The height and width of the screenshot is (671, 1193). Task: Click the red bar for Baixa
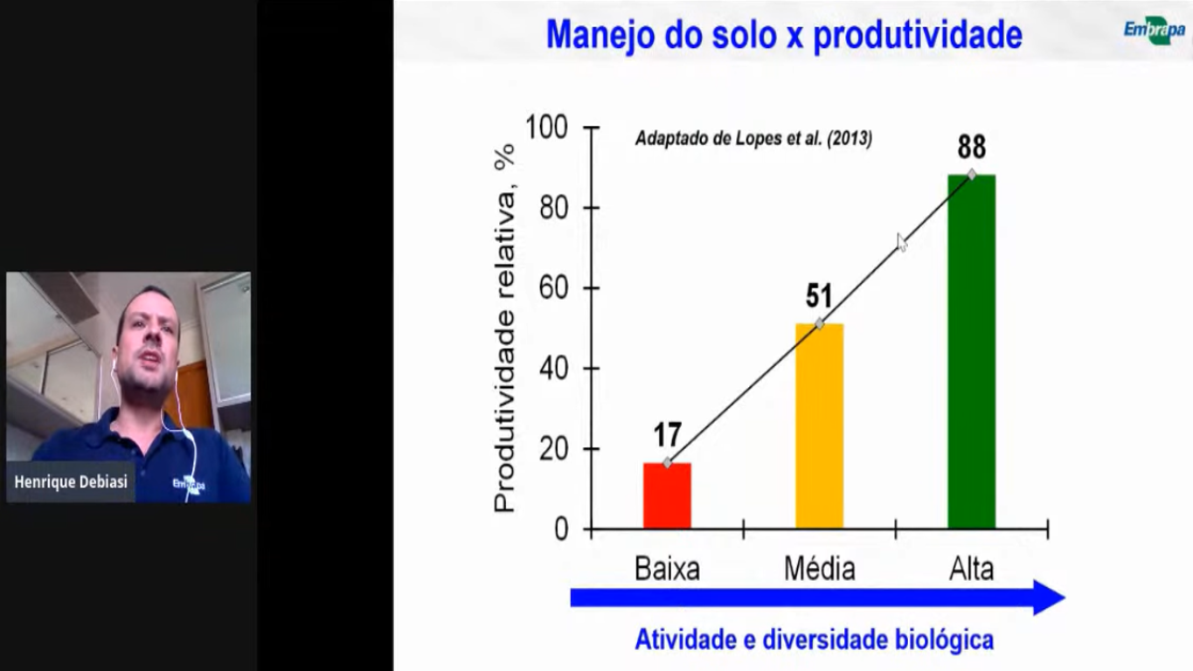pos(667,495)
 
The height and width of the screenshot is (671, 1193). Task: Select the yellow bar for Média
pos(819,426)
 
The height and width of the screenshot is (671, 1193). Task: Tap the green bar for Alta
pos(972,351)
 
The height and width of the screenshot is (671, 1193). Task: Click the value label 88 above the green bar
pos(972,147)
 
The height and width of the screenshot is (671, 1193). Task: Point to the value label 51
pos(819,295)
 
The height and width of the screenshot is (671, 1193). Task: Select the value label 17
pos(668,435)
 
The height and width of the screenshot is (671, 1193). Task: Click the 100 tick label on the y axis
pos(546,128)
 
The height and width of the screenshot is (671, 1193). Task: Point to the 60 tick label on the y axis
pos(553,288)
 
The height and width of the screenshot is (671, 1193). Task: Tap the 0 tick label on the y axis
pos(561,529)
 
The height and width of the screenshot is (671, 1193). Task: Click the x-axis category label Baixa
pos(667,569)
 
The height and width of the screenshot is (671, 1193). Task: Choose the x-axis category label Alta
pos(972,569)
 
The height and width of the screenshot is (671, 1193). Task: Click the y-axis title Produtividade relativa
pos(504,351)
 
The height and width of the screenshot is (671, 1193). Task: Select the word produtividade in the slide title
pos(918,35)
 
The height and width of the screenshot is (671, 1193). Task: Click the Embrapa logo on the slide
pos(1155,30)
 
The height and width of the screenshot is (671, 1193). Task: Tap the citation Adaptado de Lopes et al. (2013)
pos(753,138)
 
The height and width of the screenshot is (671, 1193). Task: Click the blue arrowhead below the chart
pos(1049,598)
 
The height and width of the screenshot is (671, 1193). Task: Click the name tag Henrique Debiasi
pos(71,482)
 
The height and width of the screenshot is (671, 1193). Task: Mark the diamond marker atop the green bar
pos(972,174)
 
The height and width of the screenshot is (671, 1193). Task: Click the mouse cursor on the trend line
pos(902,242)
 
